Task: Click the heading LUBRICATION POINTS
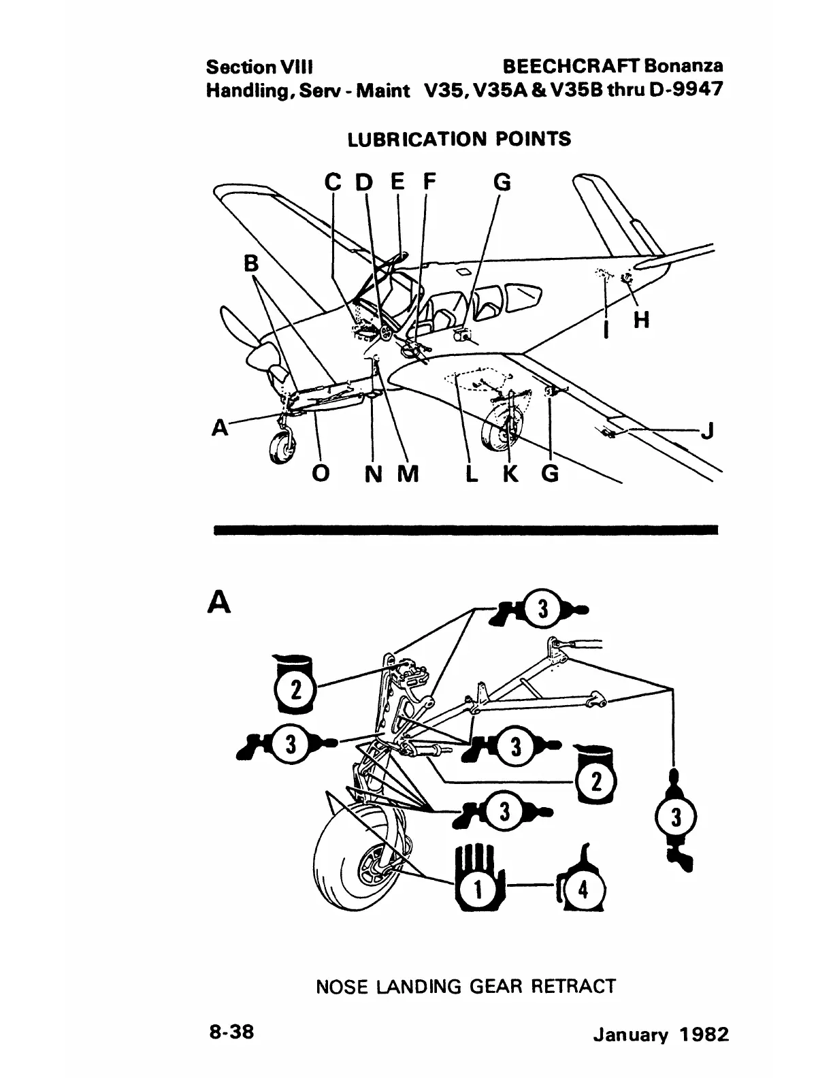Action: click(459, 140)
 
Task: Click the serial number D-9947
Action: click(679, 90)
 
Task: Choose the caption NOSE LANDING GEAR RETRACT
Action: click(465, 986)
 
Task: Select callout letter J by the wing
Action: click(708, 431)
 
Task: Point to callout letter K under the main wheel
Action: click(510, 474)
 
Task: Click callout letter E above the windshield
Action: click(397, 182)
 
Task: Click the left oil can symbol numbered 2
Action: click(295, 686)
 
